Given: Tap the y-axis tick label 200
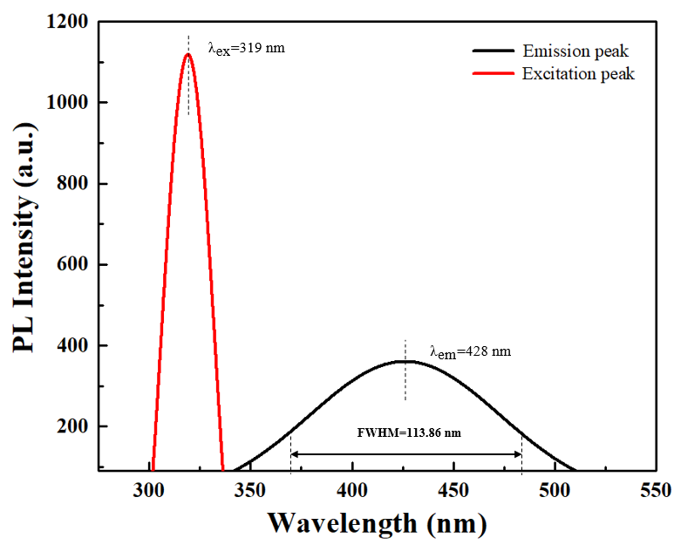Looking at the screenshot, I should click(73, 426).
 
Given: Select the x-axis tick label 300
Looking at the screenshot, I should click(149, 489).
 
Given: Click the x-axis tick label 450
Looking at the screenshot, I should click(453, 489).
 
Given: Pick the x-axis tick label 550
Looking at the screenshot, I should click(656, 489).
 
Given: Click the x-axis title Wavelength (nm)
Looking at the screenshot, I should click(377, 522).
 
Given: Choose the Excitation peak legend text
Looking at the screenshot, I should click(578, 74).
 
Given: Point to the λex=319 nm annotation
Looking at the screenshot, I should click(246, 48).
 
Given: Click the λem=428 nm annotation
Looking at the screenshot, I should click(470, 352).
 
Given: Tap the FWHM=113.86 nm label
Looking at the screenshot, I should click(408, 433).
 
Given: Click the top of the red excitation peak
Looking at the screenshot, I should click(188, 54).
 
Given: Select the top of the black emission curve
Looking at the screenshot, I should click(403, 361).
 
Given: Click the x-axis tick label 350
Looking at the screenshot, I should click(250, 489).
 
